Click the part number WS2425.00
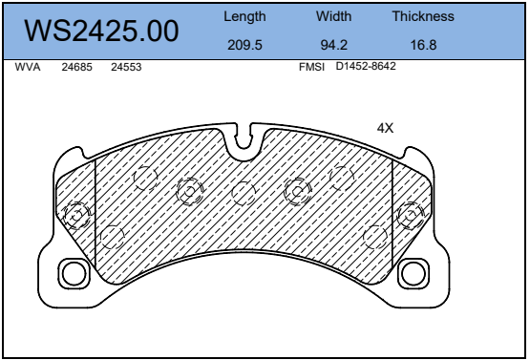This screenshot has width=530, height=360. coord(101,32)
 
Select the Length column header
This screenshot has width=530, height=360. coord(244,17)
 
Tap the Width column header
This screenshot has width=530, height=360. coord(333,16)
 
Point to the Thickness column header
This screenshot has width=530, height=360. coord(423,16)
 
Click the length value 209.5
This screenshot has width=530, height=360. coord(244,45)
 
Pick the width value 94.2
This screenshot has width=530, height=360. coord(333,45)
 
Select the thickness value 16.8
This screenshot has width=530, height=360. coord(423,45)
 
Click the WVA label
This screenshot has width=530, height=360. coord(28,67)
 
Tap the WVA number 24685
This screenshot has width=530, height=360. coord(76,67)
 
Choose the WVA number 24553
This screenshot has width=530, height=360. coord(126,67)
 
